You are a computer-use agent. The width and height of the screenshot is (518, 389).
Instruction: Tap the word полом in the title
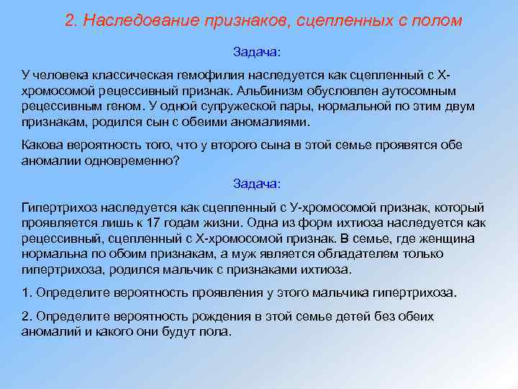437,20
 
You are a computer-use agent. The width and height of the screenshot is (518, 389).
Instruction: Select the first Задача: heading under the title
258,53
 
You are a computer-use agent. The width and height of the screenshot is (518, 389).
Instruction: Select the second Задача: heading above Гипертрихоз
258,184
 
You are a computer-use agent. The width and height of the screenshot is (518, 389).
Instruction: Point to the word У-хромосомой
296,207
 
